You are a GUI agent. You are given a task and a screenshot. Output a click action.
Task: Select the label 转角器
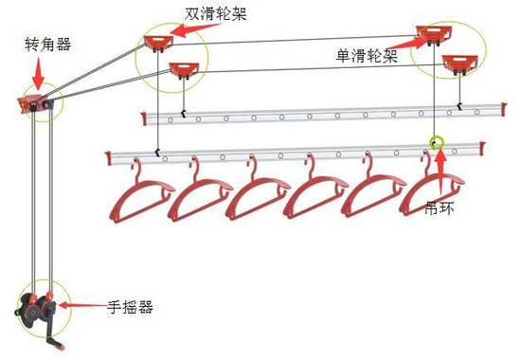48,44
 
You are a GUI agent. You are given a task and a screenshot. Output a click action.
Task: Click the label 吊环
438,204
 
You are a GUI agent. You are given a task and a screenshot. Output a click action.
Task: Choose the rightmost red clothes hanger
431,194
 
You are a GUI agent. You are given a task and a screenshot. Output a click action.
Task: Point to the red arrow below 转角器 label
38,72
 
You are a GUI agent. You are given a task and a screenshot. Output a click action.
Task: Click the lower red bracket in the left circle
182,68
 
